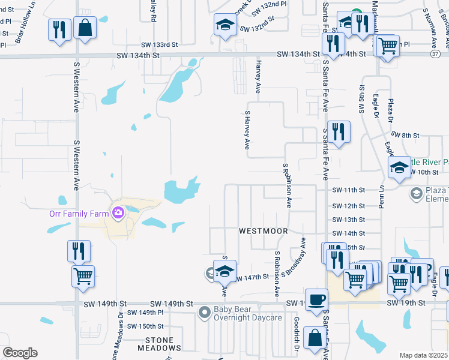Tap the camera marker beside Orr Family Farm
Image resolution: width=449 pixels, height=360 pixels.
118,212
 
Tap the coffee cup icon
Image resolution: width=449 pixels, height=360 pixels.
316,299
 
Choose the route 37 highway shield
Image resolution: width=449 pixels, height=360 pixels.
435,54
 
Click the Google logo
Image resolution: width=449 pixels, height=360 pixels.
20,353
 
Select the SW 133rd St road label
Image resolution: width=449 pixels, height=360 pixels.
160,44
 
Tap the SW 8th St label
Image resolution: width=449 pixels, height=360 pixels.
404,136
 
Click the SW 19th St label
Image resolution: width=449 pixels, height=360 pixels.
406,304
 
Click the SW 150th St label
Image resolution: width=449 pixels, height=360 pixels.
148,326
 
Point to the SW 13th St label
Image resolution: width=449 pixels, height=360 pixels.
349,220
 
